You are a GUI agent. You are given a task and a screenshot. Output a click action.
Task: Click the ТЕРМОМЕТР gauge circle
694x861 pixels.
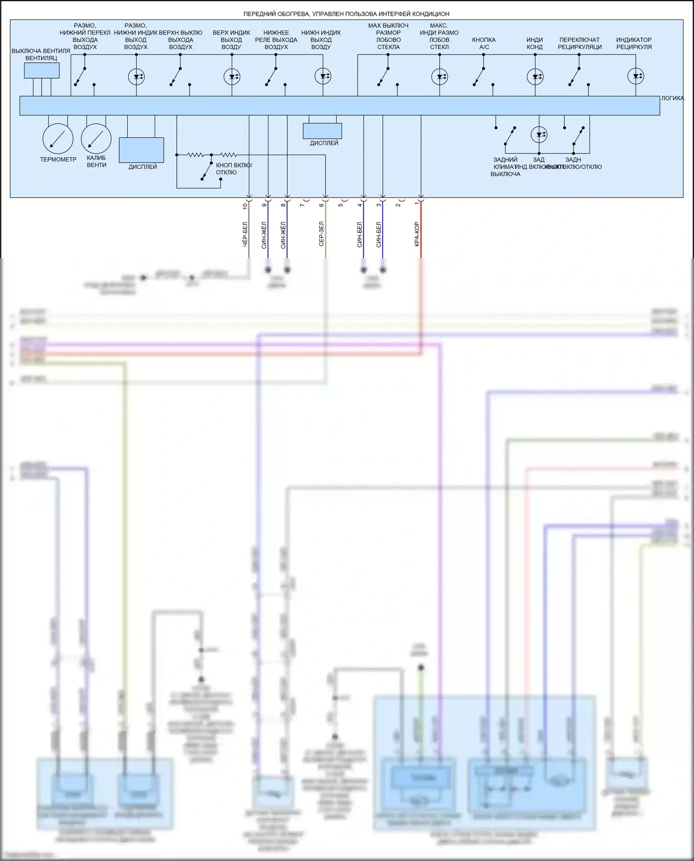(x=58, y=138)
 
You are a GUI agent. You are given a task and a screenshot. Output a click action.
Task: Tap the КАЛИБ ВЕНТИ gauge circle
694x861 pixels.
(x=96, y=138)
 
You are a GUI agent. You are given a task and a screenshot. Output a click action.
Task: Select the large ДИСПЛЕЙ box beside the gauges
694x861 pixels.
(x=142, y=150)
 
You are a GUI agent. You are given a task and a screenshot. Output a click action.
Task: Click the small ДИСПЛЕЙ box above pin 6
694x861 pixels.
(x=322, y=131)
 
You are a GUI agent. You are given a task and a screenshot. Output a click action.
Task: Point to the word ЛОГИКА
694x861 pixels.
(x=672, y=98)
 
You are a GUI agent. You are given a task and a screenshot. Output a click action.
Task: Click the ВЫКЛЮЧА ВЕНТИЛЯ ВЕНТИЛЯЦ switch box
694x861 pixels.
(x=42, y=70)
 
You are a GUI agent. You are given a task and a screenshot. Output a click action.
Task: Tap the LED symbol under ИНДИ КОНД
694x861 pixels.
(x=535, y=77)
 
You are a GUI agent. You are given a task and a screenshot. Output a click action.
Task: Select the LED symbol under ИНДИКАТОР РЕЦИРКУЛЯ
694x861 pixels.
(x=636, y=76)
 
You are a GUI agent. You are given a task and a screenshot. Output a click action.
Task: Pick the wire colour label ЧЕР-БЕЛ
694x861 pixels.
(x=245, y=234)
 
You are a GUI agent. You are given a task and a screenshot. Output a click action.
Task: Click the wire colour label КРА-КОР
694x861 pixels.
(x=417, y=234)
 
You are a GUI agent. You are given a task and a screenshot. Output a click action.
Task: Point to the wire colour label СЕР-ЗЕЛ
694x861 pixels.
(x=321, y=234)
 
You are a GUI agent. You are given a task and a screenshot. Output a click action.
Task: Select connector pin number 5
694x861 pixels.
(x=341, y=205)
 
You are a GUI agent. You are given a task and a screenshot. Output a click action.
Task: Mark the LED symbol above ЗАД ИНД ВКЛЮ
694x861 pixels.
(x=539, y=135)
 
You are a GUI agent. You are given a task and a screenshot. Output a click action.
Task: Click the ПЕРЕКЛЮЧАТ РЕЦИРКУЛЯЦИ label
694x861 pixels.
(x=580, y=43)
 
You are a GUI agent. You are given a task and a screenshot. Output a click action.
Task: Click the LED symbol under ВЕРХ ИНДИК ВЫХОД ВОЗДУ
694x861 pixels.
(x=232, y=76)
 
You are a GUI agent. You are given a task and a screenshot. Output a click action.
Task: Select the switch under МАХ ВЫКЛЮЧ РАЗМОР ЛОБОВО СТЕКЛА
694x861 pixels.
(x=384, y=76)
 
